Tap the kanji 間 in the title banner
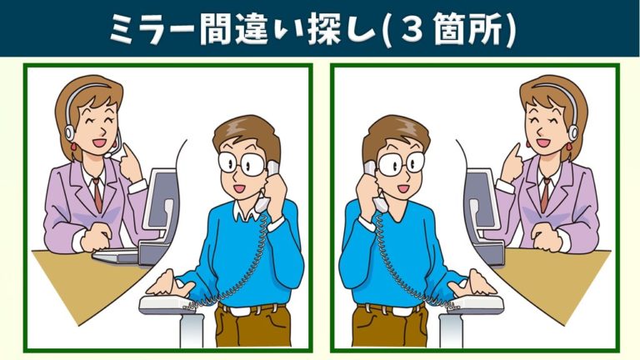[216, 28]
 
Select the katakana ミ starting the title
[124, 28]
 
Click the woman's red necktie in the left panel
[97, 195]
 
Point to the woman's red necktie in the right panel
[545, 195]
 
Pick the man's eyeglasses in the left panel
[241, 163]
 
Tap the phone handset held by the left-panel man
[267, 186]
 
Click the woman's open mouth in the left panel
[99, 143]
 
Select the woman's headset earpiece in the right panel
[573, 132]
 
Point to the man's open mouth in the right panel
[403, 188]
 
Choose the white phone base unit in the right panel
[477, 304]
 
